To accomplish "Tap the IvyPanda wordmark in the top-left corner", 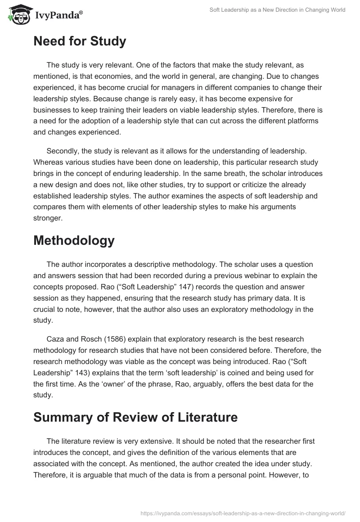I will pos(58,15).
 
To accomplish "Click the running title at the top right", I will pos(277,10).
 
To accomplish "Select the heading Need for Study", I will pos(80,41).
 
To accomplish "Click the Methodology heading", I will pos(74,240).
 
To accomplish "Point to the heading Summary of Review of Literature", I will pos(135,418).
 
